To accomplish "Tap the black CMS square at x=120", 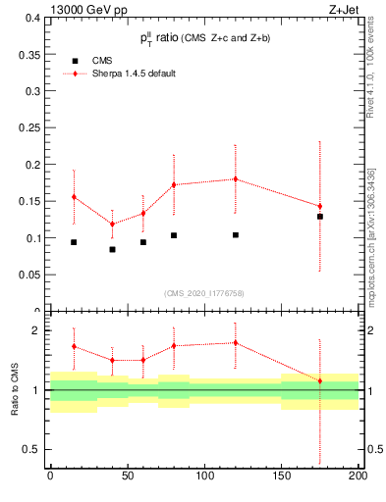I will coord(236,235).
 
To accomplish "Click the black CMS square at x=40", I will coord(112,249).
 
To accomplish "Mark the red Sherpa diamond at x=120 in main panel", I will coord(236,178).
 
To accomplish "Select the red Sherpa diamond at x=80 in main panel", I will coord(174,184).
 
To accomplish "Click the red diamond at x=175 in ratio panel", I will coord(320,380).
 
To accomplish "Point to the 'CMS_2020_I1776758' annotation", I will coord(204,293).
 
